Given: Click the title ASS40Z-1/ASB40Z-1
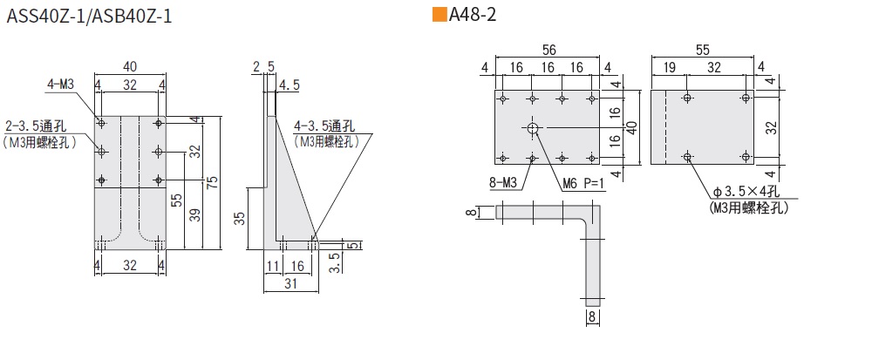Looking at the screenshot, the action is tap(89, 16).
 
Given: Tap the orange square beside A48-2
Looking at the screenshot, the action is tap(439, 15).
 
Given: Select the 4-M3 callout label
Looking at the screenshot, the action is tap(61, 85).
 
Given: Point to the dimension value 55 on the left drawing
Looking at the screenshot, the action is tap(177, 200).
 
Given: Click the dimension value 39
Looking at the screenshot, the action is tap(194, 214).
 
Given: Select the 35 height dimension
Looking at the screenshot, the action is tap(239, 218).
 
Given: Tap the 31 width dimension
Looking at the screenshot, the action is tap(291, 283).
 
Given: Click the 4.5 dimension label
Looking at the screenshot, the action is tap(290, 85).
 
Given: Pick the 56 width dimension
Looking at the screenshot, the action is tap(548, 50).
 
